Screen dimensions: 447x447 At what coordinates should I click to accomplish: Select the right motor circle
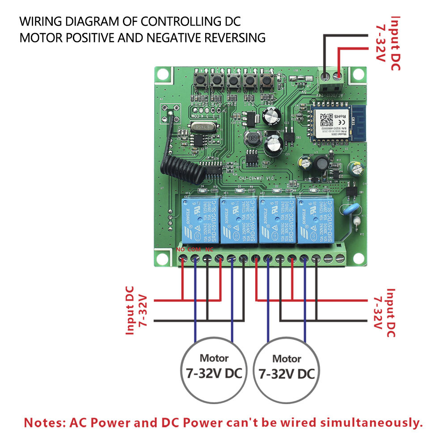287,367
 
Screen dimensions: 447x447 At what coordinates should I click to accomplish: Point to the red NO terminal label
181,249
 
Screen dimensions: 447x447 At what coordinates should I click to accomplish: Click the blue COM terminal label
194,249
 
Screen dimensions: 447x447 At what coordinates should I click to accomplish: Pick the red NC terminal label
208,249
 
